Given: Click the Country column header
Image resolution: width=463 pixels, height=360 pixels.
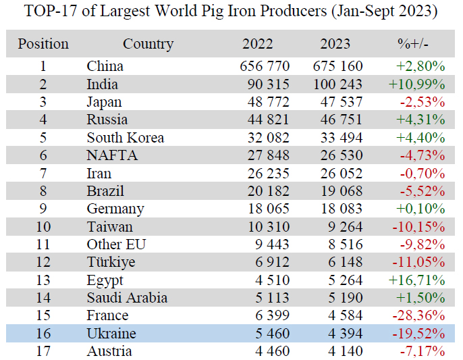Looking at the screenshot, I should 148,45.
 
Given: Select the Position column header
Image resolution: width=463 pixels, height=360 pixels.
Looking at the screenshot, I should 43,45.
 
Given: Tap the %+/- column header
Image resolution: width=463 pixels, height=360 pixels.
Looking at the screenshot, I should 413,45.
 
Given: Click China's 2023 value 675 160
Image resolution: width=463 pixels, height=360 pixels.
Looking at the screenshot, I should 337,66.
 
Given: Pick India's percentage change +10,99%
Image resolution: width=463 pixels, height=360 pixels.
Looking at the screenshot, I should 417,84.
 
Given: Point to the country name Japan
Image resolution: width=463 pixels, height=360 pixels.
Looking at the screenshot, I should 105,102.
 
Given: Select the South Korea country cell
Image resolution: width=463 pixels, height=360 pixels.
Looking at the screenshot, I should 126,138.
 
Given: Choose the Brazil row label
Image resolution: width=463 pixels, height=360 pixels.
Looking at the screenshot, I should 105,191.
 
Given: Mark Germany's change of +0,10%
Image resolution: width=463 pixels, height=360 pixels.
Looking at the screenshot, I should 420,209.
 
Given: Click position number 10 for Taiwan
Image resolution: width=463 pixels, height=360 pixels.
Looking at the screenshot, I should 43,227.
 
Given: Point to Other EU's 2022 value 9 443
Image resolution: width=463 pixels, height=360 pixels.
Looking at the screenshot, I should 269,245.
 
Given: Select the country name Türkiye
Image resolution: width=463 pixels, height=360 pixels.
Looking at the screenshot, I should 111,262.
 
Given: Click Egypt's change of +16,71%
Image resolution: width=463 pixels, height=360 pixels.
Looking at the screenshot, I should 417,280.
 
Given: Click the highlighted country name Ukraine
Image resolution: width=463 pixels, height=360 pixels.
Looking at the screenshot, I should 111,334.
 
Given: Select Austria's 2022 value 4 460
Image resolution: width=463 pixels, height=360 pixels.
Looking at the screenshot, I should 269,351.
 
